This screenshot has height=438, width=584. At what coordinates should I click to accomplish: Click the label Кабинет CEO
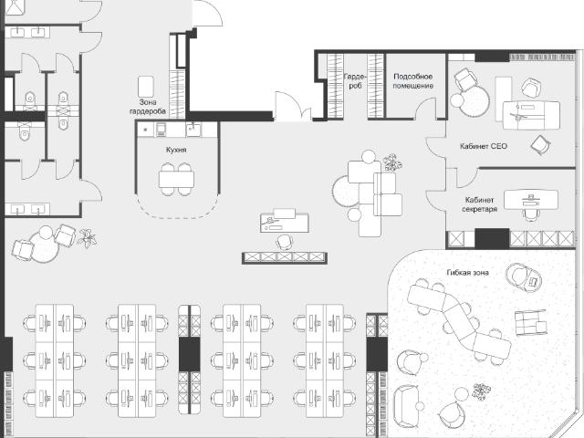click(x=484, y=146)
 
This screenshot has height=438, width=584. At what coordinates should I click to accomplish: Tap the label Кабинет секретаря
click(x=479, y=204)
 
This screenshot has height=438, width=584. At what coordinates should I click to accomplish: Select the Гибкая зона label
click(x=467, y=273)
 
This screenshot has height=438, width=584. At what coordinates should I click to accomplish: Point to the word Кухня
click(x=176, y=150)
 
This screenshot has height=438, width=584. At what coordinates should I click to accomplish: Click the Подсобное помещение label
click(x=413, y=81)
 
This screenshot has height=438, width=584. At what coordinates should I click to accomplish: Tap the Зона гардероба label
click(x=148, y=107)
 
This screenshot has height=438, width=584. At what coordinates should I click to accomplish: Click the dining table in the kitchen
click(x=176, y=179)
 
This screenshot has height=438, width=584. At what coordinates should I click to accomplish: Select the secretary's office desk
click(x=531, y=200)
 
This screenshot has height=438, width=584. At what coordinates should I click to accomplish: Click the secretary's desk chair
click(x=531, y=215)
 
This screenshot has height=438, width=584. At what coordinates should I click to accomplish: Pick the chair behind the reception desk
click(x=285, y=242)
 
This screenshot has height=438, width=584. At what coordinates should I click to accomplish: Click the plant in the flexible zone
click(x=481, y=391)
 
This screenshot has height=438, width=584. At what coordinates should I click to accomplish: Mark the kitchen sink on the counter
click(x=193, y=130)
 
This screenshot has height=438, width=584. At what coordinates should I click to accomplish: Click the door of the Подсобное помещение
click(x=425, y=108)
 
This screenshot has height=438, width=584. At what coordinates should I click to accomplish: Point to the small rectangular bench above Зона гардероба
click(x=146, y=87)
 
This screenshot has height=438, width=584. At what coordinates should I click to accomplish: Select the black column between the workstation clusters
click(x=190, y=354)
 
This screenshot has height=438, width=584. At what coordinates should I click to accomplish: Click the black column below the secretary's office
click(x=492, y=239)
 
